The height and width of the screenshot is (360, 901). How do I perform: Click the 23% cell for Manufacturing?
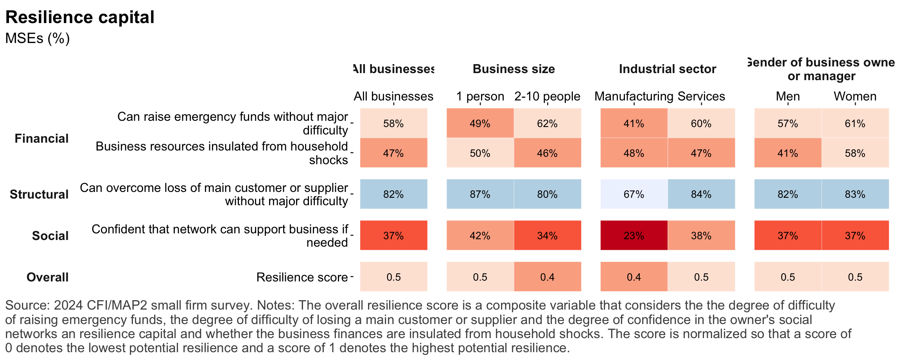pyautogui.click(x=634, y=235)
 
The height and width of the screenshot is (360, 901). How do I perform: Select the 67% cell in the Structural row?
pyautogui.click(x=634, y=194)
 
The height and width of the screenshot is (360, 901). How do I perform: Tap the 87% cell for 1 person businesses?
pyautogui.click(x=480, y=194)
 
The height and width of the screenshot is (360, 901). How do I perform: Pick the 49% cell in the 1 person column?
pyautogui.click(x=480, y=123)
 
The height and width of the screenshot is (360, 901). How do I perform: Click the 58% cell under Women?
pyautogui.click(x=855, y=153)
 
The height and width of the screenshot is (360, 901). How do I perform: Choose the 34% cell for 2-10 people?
pyautogui.click(x=547, y=235)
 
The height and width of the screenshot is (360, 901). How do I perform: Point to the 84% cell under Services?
pyautogui.click(x=701, y=194)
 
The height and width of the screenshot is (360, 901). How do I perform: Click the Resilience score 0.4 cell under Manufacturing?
pyautogui.click(x=634, y=277)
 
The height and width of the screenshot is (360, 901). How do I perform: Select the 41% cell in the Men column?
pyautogui.click(x=788, y=153)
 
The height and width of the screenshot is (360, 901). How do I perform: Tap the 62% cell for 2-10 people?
pyautogui.click(x=547, y=123)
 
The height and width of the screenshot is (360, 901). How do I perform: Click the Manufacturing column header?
pyautogui.click(x=634, y=96)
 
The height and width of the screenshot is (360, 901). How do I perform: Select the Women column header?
pyautogui.click(x=855, y=96)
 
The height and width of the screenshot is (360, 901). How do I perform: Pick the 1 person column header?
pyautogui.click(x=480, y=96)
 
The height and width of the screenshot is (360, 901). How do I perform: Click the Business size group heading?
pyautogui.click(x=513, y=69)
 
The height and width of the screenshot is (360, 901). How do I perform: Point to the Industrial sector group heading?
pyautogui.click(x=667, y=69)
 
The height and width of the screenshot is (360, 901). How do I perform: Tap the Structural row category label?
pyautogui.click(x=39, y=194)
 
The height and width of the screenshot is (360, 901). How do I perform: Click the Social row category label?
pyautogui.click(x=50, y=236)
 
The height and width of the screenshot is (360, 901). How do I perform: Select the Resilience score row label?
pyautogui.click(x=302, y=277)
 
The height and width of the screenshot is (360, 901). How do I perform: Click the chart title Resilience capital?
pyautogui.click(x=80, y=17)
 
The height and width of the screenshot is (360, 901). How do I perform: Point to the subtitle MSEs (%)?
pyautogui.click(x=38, y=38)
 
